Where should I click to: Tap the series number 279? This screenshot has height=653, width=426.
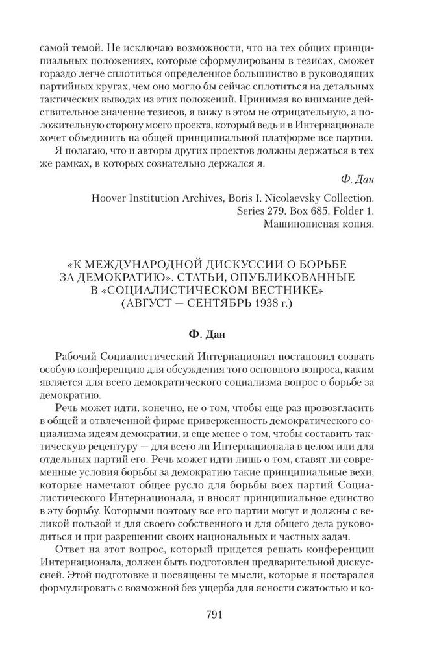pos(259,211)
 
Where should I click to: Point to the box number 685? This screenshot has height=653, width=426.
pos(307,211)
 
